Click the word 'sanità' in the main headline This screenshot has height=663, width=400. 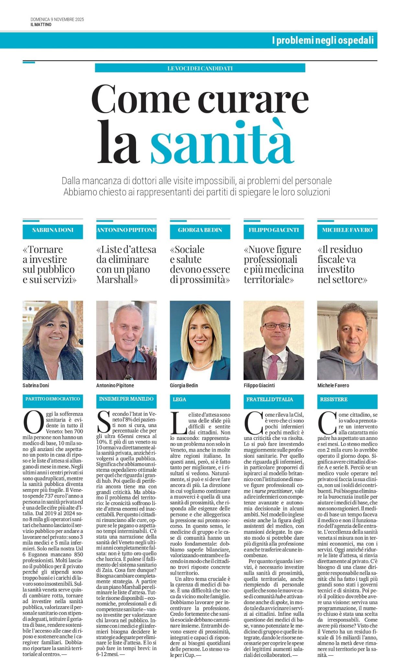(x=222, y=142)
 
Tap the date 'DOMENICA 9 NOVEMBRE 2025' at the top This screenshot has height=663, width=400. (x=57, y=19)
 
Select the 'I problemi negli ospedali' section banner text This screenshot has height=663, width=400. (x=323, y=40)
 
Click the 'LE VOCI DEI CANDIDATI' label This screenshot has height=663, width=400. (x=200, y=68)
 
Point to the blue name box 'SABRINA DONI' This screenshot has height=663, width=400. (x=53, y=230)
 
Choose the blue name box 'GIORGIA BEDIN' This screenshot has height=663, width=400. (x=200, y=230)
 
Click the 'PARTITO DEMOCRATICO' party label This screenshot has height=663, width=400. (x=52, y=399)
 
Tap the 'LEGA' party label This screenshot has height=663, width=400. (x=179, y=399)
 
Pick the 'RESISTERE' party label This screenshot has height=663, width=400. (x=334, y=399)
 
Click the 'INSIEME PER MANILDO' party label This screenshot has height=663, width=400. (x=126, y=399)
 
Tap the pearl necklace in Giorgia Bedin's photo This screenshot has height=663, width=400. (x=200, y=361)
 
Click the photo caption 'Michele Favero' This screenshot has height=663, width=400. (x=333, y=386)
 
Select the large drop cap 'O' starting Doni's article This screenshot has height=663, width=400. (x=33, y=422)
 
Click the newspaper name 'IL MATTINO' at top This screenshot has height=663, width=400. (x=41, y=25)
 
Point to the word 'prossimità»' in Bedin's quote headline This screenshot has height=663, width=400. (x=200, y=280)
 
